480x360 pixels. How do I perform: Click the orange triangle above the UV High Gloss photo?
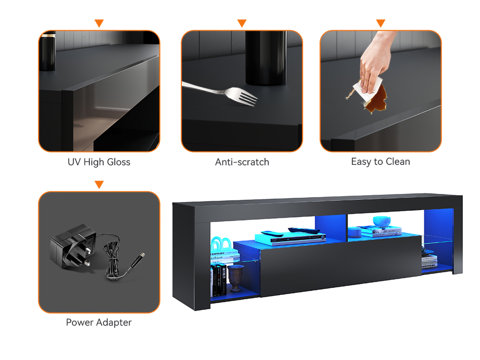click(99, 23)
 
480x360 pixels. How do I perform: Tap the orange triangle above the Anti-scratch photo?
click(242, 23)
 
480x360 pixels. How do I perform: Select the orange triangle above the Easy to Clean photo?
click(380, 23)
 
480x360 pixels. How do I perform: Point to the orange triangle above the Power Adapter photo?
click(99, 184)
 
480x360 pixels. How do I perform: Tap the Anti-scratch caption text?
click(242, 162)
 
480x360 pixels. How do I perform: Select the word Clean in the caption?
click(398, 162)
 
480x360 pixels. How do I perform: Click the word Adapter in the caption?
click(114, 323)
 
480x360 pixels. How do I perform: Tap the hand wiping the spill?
click(374, 63)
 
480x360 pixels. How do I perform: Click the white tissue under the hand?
click(367, 90)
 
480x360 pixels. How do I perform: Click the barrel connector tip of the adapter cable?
click(142, 255)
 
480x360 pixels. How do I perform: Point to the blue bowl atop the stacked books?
click(382, 221)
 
